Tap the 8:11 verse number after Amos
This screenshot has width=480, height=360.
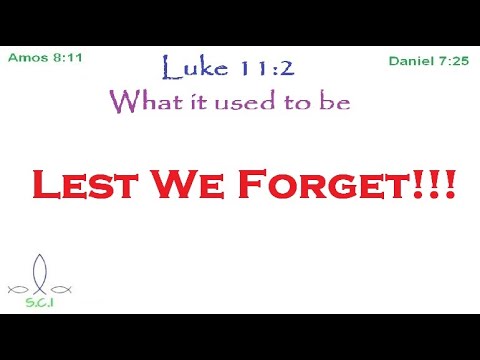(65, 57)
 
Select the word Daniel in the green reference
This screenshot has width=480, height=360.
(410, 62)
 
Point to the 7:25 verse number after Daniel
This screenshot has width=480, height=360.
(451, 62)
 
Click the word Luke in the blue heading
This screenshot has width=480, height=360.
(191, 69)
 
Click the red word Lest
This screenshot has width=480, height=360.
(74, 185)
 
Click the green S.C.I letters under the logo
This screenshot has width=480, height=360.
(40, 300)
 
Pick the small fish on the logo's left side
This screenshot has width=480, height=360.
(17, 289)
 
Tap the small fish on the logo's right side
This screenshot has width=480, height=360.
(63, 289)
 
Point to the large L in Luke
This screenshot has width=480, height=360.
(170, 67)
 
